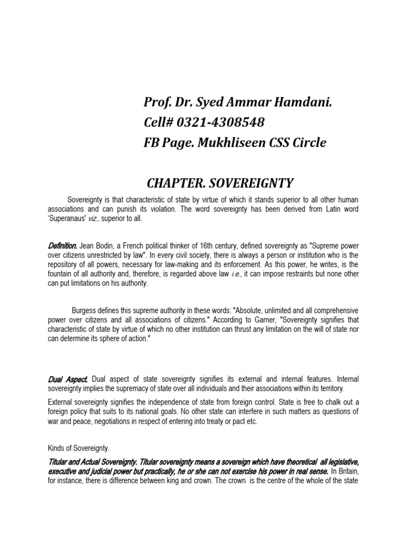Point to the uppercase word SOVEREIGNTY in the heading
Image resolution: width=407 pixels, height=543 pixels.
(x=252, y=183)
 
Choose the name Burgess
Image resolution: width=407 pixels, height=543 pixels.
(x=86, y=310)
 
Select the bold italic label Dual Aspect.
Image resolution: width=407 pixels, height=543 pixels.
(x=66, y=379)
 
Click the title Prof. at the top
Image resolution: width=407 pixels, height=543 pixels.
(x=158, y=102)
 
